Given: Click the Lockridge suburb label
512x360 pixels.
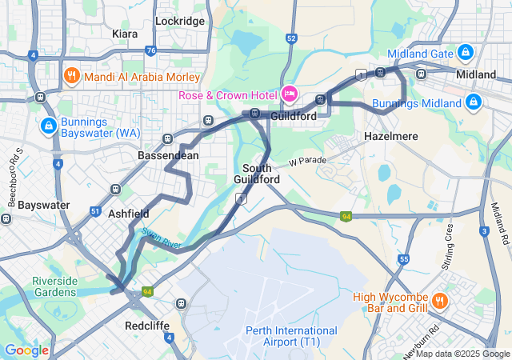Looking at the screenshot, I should [x=180, y=21].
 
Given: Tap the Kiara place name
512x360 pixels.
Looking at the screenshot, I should [x=125, y=34].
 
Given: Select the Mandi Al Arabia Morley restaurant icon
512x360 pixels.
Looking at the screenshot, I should [x=71, y=78].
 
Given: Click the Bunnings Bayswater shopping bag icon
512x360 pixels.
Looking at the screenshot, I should [x=49, y=126].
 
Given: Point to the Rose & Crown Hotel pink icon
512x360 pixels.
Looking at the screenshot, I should [x=289, y=94].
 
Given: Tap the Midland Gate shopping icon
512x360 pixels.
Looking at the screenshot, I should [x=465, y=53].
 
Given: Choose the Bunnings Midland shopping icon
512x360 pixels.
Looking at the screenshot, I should [x=474, y=102].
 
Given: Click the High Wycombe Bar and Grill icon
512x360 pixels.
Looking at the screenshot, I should [x=439, y=302].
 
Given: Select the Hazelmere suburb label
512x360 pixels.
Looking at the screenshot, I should [x=391, y=136].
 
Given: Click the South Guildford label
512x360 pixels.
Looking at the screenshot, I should [x=258, y=174].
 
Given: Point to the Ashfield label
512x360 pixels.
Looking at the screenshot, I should [x=128, y=214].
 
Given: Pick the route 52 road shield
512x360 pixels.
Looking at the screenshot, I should [x=291, y=38].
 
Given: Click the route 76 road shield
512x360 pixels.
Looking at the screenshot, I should [x=151, y=50].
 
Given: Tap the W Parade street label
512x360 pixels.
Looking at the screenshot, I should [x=308, y=161].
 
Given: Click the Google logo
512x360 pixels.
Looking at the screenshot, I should [x=26, y=350].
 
